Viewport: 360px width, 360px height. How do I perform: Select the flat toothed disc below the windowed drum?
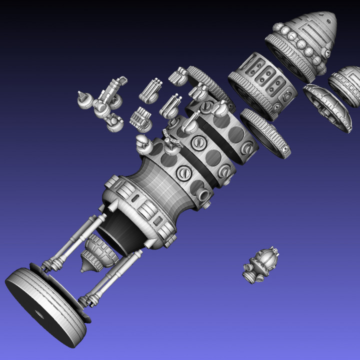265,132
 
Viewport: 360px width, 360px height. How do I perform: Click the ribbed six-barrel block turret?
140,118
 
